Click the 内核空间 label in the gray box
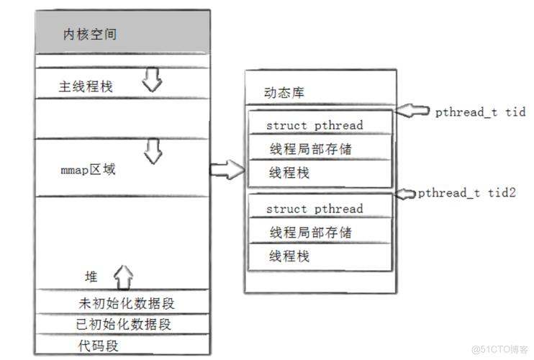pyautogui.click(x=90, y=35)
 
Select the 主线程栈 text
pyautogui.click(x=86, y=86)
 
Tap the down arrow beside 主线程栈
pyautogui.click(x=152, y=80)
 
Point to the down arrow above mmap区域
pyautogui.click(x=152, y=152)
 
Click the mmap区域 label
pyautogui.click(x=88, y=171)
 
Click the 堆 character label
pyautogui.click(x=91, y=276)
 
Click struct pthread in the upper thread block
pyautogui.click(x=314, y=125)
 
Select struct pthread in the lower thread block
pyautogui.click(x=314, y=209)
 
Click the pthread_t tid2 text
pyautogui.click(x=461, y=193)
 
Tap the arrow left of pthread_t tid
pyautogui.click(x=415, y=111)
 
